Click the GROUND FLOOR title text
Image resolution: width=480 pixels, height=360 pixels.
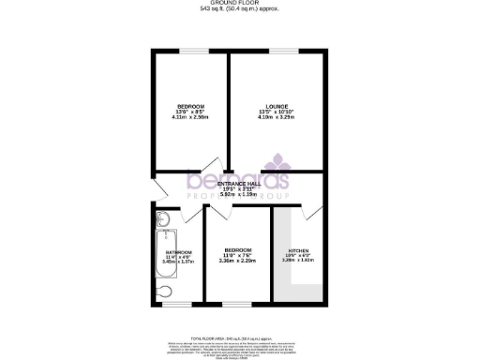pos(240,5)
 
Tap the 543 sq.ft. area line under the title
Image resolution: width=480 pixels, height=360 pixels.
pos(240,11)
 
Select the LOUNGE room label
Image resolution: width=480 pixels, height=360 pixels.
pos(277,106)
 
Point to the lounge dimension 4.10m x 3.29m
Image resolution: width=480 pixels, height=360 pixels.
pos(277,117)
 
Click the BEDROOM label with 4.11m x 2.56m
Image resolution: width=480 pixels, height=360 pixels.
pos(192,106)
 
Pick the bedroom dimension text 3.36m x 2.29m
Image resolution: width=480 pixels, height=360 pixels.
pos(237,261)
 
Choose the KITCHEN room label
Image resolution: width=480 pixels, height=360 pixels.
pos(297,250)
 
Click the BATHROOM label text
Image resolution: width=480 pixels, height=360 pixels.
pos(178,252)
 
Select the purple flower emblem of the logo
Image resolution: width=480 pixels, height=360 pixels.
pos(277,161)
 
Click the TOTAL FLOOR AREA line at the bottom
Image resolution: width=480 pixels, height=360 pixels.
pos(240,336)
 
